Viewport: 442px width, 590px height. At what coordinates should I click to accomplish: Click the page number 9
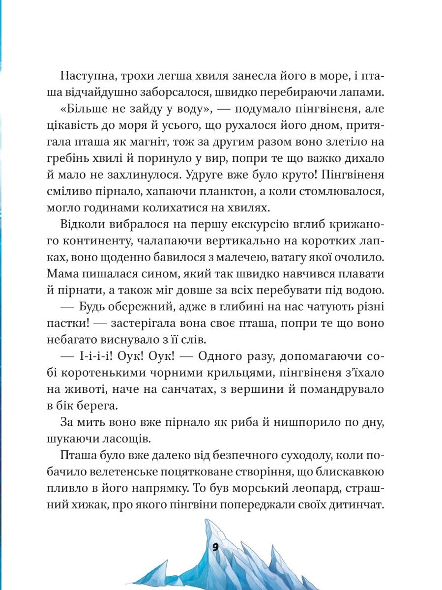click(x=215, y=547)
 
